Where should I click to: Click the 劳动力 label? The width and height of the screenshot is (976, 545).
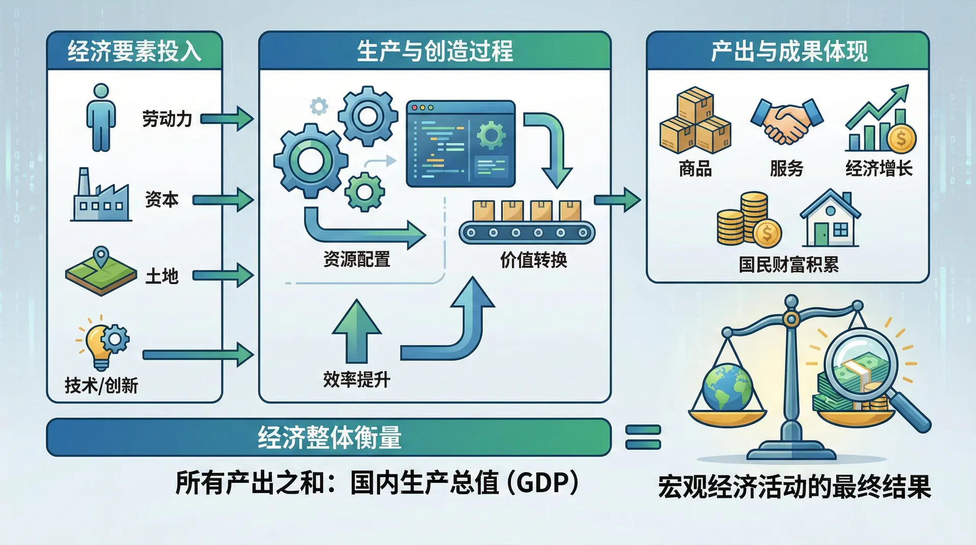(167, 119)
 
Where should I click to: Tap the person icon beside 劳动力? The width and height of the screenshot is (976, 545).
(101, 117)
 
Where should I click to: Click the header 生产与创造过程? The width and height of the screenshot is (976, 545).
(435, 51)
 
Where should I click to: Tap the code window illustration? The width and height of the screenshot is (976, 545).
(461, 143)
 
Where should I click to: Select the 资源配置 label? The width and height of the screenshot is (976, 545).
(357, 259)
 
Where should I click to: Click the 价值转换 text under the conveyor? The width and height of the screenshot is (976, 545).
(533, 260)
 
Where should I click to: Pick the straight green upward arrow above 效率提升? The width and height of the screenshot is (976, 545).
(356, 330)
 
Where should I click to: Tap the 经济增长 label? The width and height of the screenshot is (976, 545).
(879, 168)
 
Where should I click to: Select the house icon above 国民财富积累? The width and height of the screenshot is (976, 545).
(830, 218)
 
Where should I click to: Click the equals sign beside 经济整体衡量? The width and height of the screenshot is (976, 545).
(643, 437)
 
